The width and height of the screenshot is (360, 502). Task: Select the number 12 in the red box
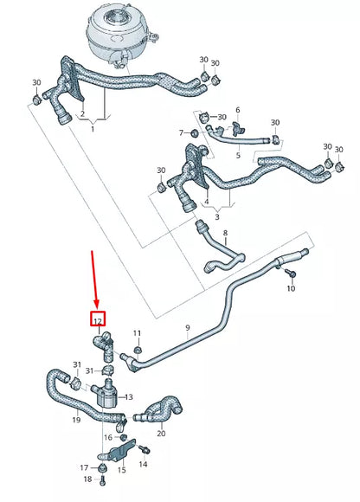98,320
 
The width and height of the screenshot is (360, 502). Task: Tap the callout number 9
186,327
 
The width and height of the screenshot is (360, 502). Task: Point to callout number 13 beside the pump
129,397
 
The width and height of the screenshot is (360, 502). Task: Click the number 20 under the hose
162,433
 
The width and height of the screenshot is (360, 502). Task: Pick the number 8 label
225,234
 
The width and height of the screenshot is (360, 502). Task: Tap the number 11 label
137,333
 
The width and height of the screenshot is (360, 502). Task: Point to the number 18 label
87,479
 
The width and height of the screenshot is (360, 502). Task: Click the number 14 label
143,464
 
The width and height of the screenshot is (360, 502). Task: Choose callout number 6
237,111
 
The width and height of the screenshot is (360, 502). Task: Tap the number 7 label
182,133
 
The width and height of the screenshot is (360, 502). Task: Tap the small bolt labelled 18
101,468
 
